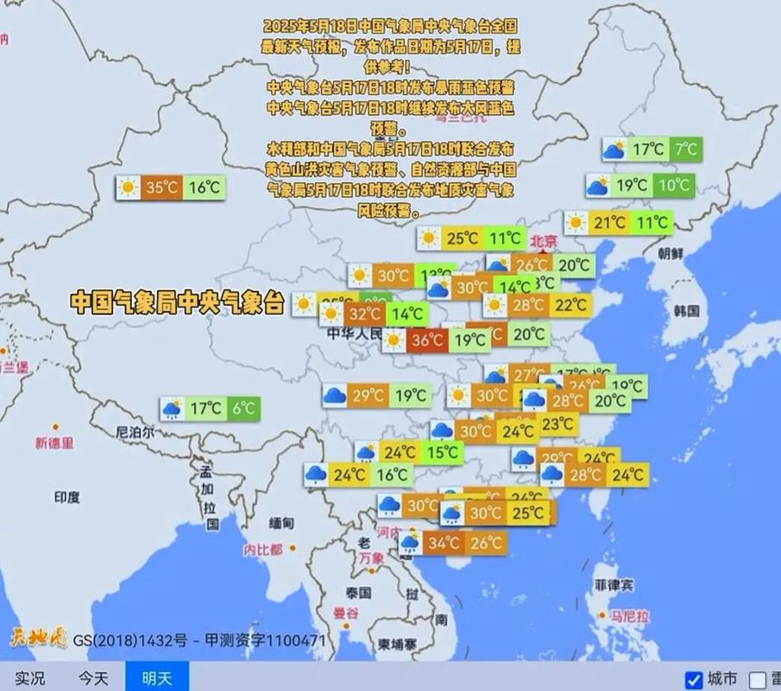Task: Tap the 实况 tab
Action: click(x=30, y=678)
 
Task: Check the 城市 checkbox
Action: click(x=694, y=679)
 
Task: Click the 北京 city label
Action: click(x=545, y=242)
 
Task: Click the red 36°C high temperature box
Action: click(x=428, y=340)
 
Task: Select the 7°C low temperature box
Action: click(x=686, y=149)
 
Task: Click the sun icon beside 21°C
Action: click(x=577, y=223)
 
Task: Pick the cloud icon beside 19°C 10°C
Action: click(x=599, y=185)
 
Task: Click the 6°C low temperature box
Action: click(x=242, y=409)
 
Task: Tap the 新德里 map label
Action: click(x=54, y=443)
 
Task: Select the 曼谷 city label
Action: click(x=345, y=613)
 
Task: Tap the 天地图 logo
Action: click(x=37, y=639)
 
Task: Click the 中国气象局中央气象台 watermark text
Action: click(x=177, y=301)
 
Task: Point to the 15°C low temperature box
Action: click(x=443, y=452)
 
